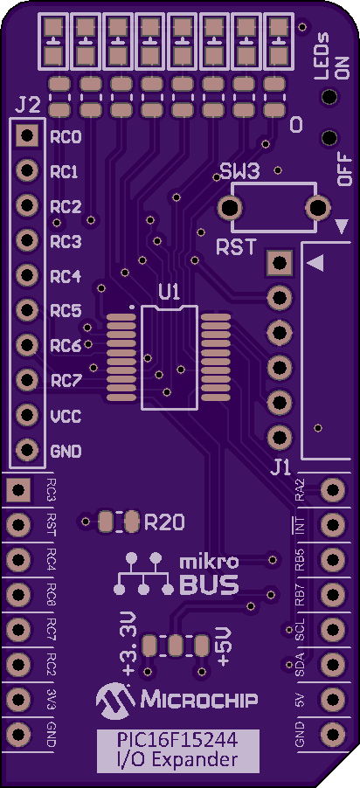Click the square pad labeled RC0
pyautogui.click(x=27, y=135)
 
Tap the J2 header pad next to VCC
pyautogui.click(x=27, y=415)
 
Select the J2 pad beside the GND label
pyautogui.click(x=27, y=450)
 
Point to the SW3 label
pyautogui.click(x=240, y=173)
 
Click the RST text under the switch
pyautogui.click(x=236, y=246)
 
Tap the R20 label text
pyautogui.click(x=164, y=523)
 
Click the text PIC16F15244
pyautogui.click(x=178, y=740)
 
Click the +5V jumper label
pyautogui.click(x=222, y=646)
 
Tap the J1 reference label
pyautogui.click(x=281, y=468)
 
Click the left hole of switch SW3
pyautogui.click(x=231, y=207)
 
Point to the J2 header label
pyautogui.click(x=28, y=106)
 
